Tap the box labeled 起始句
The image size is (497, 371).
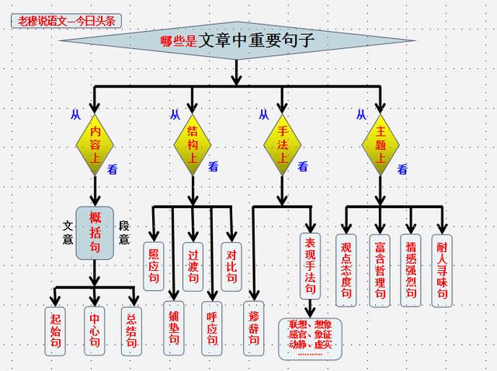click(x=54, y=331)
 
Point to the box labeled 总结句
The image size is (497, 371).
click(x=132, y=331)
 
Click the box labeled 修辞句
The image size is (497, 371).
click(x=253, y=328)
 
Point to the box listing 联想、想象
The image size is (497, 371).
click(x=310, y=338)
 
